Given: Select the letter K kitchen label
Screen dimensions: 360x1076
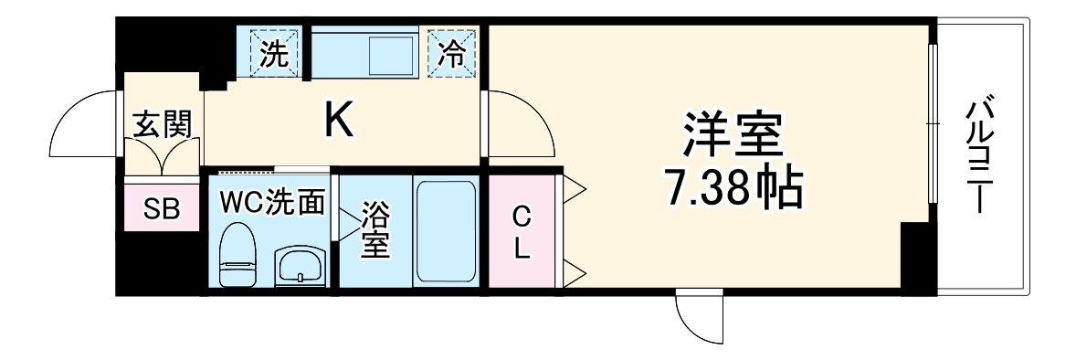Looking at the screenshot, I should tap(339, 119).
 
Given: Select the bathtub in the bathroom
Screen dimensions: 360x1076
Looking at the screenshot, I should tap(445, 232).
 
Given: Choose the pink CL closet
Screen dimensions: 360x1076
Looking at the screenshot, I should tap(520, 232).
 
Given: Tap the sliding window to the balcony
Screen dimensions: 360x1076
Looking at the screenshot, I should tap(933, 123).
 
